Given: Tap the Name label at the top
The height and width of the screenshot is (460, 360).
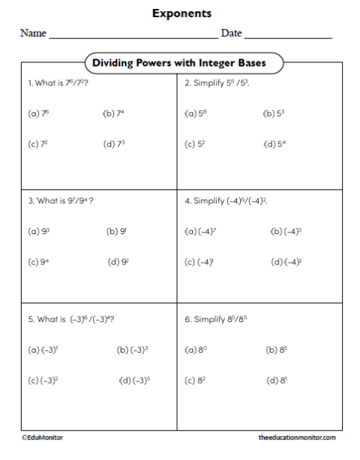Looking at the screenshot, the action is [33, 34].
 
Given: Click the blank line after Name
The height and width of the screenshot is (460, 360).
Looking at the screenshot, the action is [133, 35].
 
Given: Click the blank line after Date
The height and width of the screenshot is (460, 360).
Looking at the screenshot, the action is [288, 35].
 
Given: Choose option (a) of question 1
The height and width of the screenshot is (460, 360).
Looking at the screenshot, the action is [38, 114].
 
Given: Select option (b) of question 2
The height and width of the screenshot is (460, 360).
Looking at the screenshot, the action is [274, 114].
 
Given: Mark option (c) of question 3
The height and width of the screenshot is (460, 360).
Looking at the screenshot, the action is [39, 263].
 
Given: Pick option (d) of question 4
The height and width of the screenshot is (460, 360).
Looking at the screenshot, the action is [286, 263].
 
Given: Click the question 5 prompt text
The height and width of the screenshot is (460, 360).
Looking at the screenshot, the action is [71, 319].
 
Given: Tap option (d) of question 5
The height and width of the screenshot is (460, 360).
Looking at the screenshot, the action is [135, 380].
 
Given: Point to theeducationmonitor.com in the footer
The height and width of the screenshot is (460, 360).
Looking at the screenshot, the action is [296, 437].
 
